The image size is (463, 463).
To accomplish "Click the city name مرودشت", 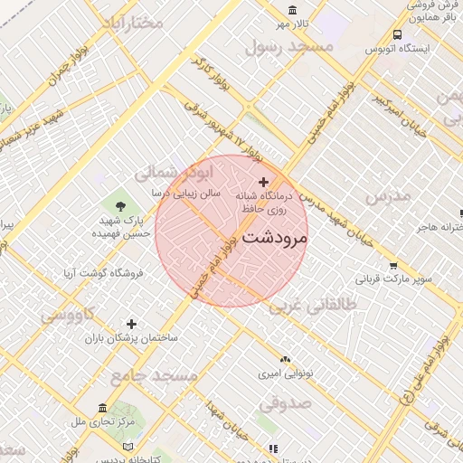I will [276, 238].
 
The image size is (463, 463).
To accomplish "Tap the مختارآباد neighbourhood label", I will [130, 23].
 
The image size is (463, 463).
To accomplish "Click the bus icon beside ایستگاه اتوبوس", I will [397, 35].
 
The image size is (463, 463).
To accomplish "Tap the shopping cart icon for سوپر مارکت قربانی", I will [393, 266].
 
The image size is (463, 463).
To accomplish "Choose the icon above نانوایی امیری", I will [285, 360].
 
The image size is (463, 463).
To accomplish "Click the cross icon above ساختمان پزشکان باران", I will [132, 324].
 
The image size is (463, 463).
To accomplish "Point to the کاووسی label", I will [65, 316].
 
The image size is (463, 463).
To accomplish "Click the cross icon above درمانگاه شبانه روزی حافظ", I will [263, 183].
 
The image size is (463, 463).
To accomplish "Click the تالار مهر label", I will [294, 22].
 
